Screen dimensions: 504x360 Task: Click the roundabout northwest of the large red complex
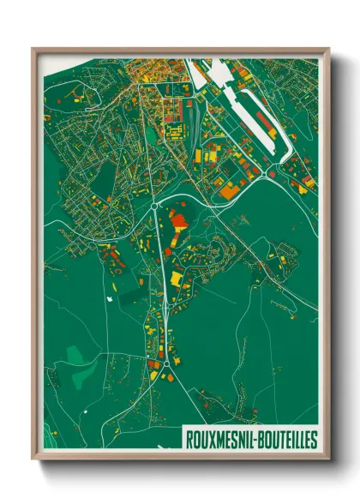[x=154, y=206]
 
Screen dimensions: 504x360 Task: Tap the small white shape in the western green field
[x=110, y=298]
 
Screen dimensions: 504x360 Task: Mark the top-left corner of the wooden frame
[x=33, y=49]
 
